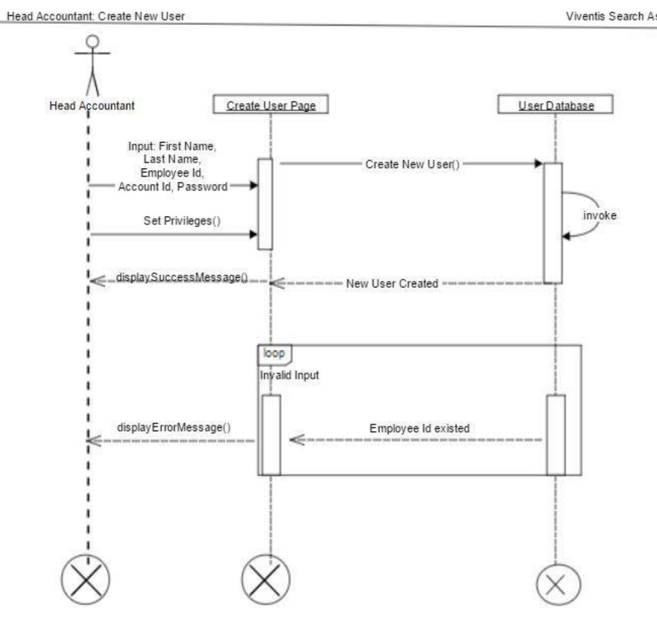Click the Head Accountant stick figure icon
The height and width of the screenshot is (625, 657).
(x=92, y=65)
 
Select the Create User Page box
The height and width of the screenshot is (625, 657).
(x=270, y=105)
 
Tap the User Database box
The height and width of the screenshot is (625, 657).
(x=555, y=105)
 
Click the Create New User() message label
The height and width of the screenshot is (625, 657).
(x=412, y=164)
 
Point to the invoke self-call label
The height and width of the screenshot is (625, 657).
(x=599, y=216)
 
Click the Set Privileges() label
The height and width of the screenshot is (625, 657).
(x=182, y=220)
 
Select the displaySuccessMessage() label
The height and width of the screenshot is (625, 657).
(x=182, y=277)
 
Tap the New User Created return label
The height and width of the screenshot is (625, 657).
(x=392, y=283)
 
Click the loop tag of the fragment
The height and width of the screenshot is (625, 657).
(x=274, y=353)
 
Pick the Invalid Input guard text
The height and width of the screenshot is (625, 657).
(x=290, y=375)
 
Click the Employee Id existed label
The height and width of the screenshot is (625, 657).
(x=419, y=428)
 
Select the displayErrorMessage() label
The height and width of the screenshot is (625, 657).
(x=174, y=427)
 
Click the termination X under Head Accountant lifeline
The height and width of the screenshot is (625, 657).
(x=85, y=580)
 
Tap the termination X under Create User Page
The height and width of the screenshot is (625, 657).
(x=266, y=580)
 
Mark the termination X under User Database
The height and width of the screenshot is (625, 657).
(x=559, y=585)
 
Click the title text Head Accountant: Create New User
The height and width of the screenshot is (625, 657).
(x=96, y=16)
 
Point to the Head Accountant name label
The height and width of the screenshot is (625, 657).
(x=92, y=106)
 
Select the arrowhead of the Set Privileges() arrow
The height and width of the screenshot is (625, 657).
(x=254, y=234)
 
